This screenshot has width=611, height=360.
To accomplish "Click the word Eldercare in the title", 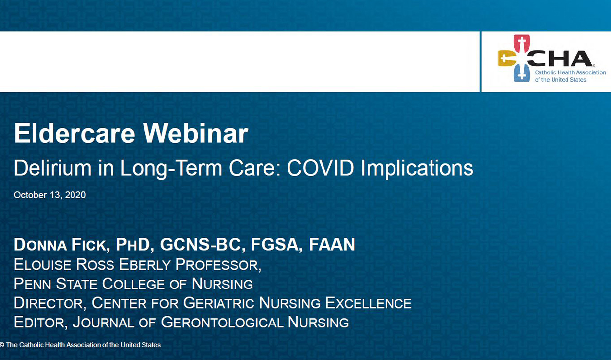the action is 74,133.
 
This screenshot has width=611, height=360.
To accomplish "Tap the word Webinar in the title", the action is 196,133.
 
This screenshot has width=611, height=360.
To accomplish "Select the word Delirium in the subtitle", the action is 53,168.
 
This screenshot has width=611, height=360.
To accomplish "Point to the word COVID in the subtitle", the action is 321,168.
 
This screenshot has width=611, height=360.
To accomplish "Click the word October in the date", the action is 30,195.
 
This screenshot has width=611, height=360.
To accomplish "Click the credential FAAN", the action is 332,245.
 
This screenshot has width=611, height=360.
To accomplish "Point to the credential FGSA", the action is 274,245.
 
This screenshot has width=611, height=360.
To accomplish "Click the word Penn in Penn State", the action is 33,284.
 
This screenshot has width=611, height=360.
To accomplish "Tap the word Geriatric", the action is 219,303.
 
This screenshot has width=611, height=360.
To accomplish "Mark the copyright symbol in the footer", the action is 2,345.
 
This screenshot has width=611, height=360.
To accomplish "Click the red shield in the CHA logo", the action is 522,43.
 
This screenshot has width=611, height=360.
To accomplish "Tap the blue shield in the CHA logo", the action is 522,72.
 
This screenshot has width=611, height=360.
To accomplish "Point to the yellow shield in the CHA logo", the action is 506,58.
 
